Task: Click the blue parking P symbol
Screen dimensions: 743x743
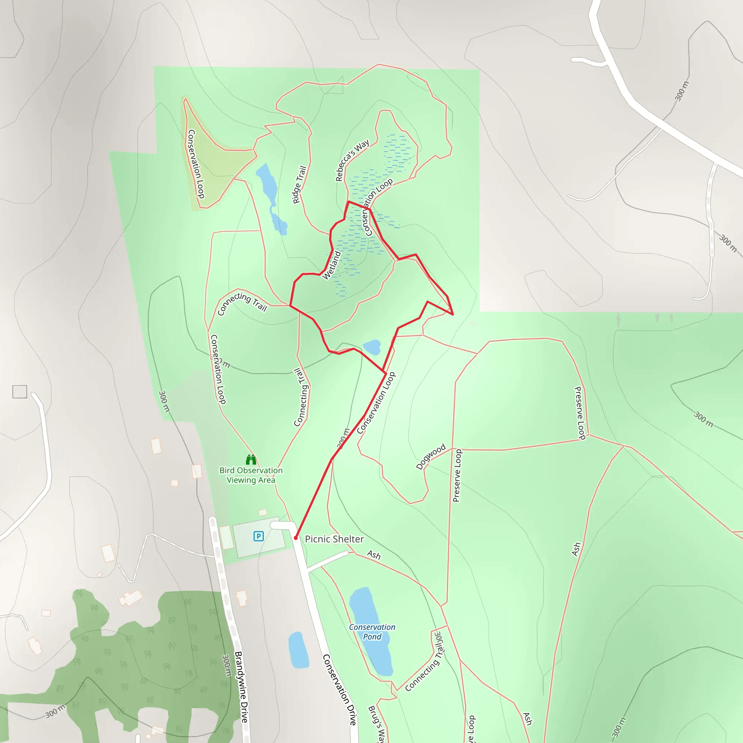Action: click(258, 536)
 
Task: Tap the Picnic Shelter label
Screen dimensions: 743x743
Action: click(334, 539)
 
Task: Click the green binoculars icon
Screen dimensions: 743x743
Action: click(251, 460)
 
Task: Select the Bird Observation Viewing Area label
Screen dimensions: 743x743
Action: click(251, 475)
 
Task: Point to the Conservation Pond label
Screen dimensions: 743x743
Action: click(372, 632)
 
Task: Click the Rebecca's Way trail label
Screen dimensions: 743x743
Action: click(352, 160)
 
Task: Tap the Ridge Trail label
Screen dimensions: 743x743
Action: click(299, 185)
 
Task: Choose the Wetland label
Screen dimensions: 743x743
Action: click(331, 265)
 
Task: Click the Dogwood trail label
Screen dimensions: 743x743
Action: click(431, 456)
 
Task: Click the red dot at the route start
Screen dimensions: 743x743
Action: click(296, 538)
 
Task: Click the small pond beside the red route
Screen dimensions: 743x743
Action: click(372, 347)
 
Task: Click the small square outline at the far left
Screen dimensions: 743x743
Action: click(20, 391)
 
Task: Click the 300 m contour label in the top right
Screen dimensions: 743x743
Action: click(682, 91)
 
